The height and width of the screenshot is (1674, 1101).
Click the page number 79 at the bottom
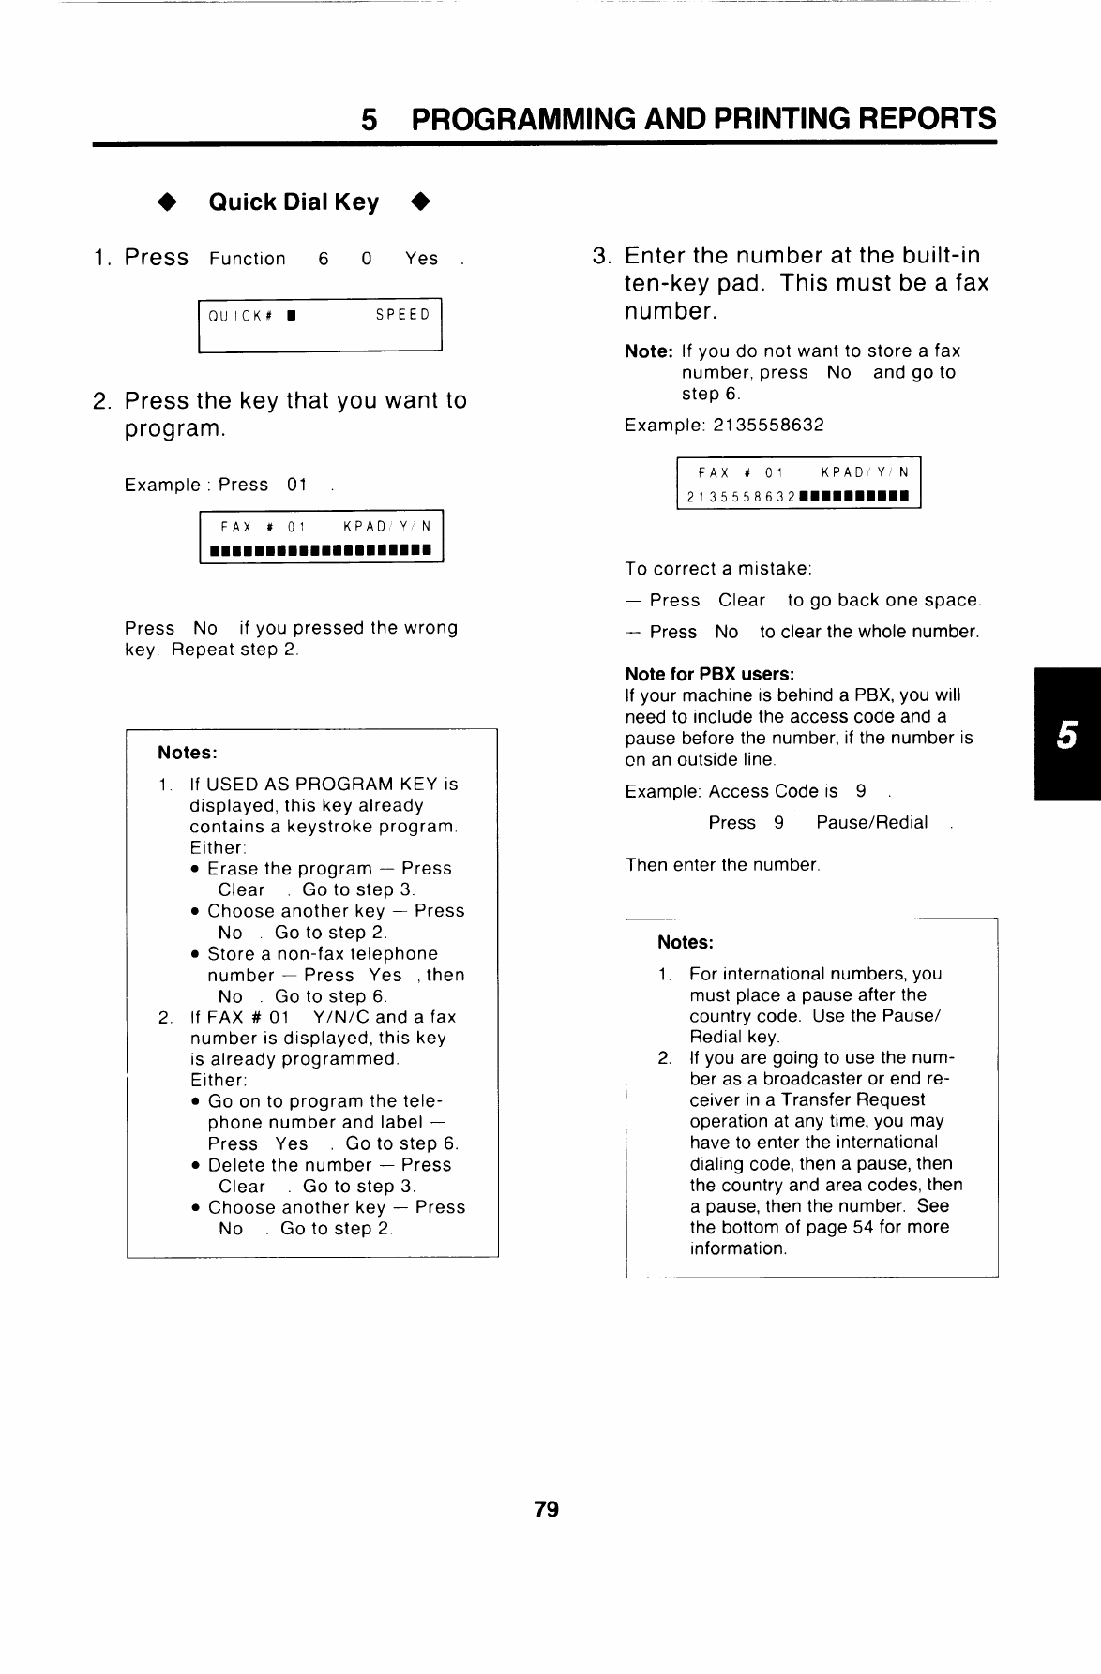point(546,1509)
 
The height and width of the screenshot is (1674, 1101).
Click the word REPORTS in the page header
point(918,119)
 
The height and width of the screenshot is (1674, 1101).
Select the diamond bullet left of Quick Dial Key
point(167,202)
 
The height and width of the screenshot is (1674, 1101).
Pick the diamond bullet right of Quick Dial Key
point(420,202)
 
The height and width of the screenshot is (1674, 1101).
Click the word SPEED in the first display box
point(402,315)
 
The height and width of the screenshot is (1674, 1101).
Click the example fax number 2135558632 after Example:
point(768,425)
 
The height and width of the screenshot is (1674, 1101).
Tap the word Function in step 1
point(248,259)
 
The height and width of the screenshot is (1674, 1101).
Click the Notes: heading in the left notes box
point(188,753)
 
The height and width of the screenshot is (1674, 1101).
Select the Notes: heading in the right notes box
point(686,942)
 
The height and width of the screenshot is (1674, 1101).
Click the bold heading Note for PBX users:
point(710,674)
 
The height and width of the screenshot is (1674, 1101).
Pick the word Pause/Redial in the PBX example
point(871,822)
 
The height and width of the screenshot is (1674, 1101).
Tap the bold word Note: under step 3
point(649,351)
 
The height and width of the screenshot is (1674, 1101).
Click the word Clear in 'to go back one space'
point(742,600)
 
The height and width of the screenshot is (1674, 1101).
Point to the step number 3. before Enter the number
point(603,256)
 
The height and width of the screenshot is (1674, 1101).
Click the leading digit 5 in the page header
point(370,119)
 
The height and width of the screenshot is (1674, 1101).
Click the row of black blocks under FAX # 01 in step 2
point(320,549)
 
